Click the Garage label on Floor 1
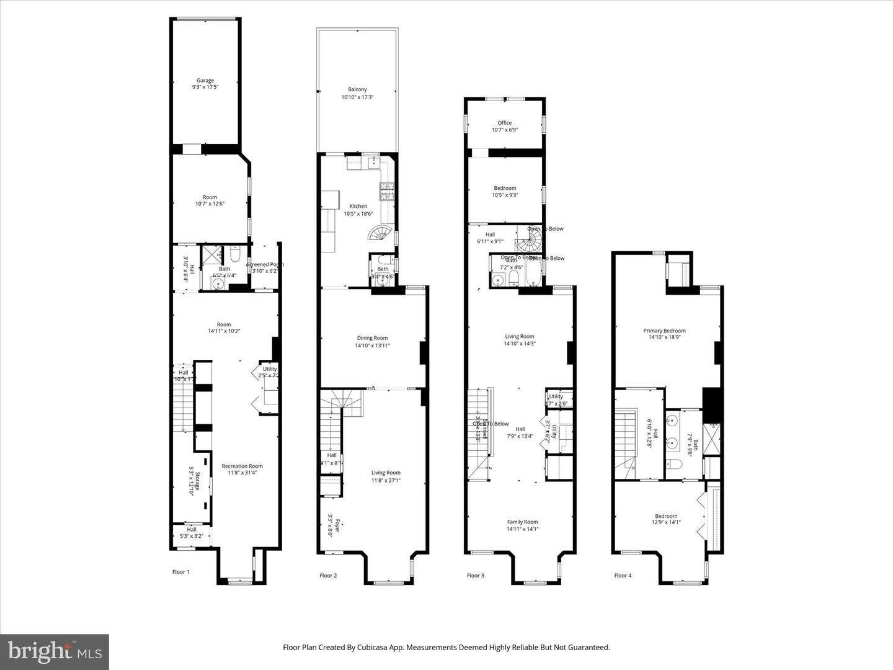(x=205, y=81)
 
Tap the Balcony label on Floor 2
(x=357, y=90)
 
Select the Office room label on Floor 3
(x=505, y=123)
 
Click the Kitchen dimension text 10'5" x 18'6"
(x=358, y=214)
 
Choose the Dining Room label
(x=372, y=338)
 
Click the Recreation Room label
(x=242, y=466)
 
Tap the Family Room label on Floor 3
(x=522, y=522)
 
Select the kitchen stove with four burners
(x=388, y=192)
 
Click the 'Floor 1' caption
(x=180, y=572)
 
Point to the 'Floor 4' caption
(x=623, y=576)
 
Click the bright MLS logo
(x=55, y=651)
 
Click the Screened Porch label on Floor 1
(x=265, y=265)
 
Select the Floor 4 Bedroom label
(x=666, y=516)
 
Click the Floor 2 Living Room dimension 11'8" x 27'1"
(x=386, y=480)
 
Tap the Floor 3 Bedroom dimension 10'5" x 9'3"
(x=505, y=195)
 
